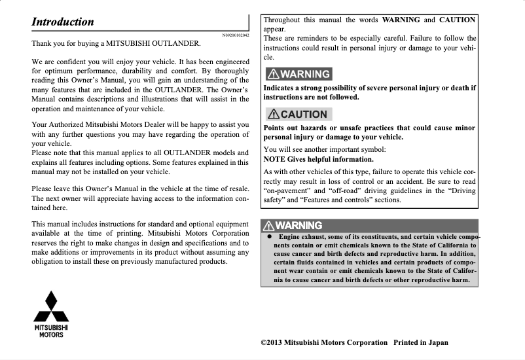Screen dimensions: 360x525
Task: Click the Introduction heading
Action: click(63, 21)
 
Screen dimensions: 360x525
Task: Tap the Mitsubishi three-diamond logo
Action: click(51, 306)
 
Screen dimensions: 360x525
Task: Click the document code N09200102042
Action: click(236, 34)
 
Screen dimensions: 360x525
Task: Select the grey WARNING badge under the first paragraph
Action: click(297, 74)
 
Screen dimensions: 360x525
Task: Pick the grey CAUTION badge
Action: click(295, 114)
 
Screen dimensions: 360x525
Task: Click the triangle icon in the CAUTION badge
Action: click(272, 114)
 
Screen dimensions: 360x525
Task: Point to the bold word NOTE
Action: click(275, 159)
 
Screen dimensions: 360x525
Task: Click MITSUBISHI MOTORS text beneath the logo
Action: click(51, 331)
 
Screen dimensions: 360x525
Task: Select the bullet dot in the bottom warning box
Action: click(268, 236)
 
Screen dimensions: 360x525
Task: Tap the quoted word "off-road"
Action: click(351, 190)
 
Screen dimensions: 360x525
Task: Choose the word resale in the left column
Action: click(234, 189)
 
